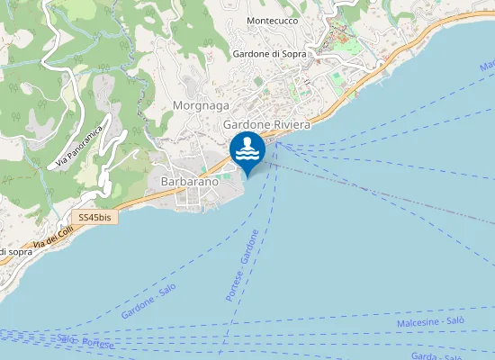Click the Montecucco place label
(272, 20)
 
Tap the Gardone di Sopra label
(269, 54)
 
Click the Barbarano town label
(189, 182)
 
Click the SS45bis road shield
(94, 218)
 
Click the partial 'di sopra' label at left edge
(15, 251)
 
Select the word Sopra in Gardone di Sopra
(293, 54)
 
